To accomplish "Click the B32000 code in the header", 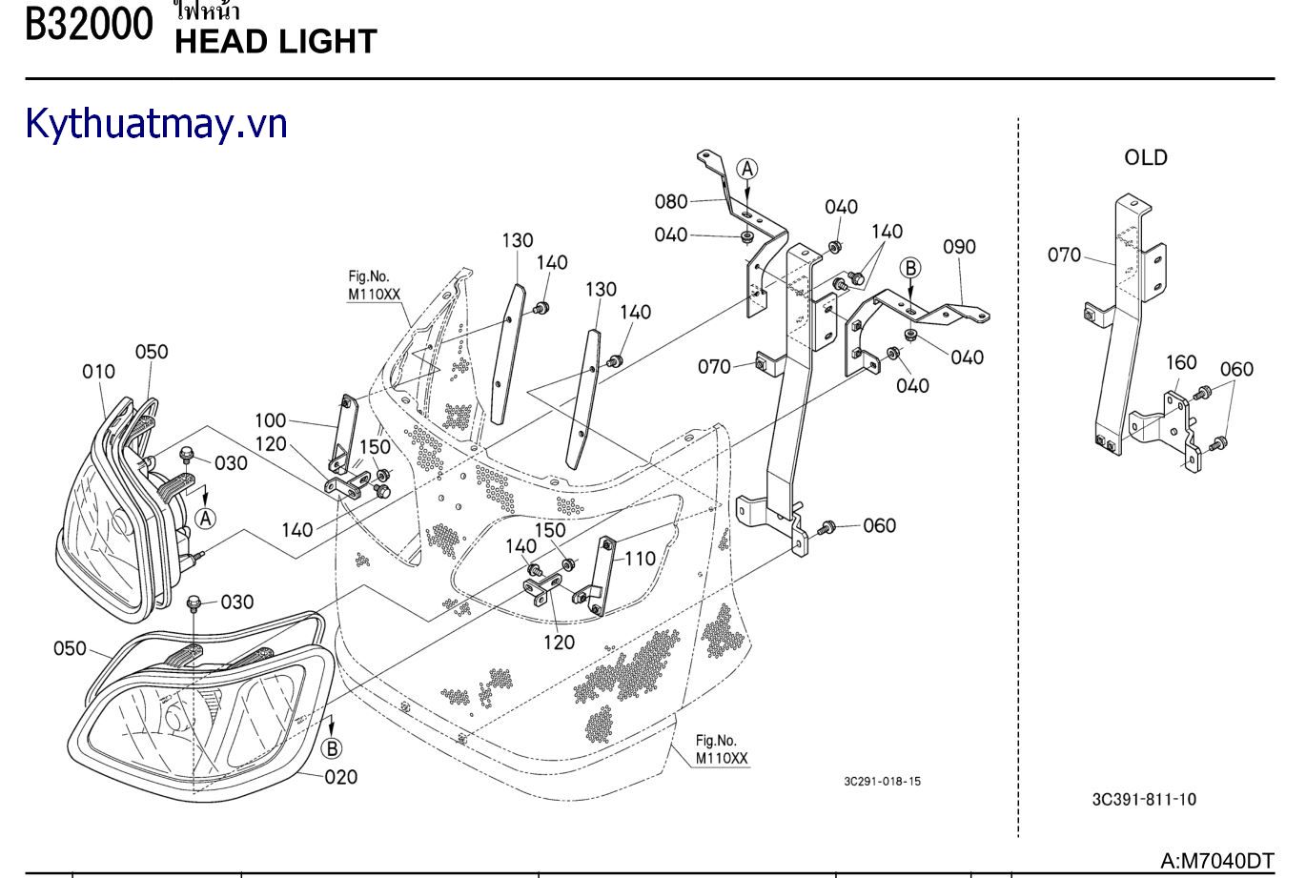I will coord(88,25).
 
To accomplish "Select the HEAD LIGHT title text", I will coord(275,41).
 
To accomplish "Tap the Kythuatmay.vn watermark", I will coord(156,124).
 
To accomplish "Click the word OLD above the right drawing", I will coord(1145,157).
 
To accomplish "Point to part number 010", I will coord(98,372).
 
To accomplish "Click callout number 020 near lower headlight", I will coord(341,777).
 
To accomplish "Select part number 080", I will coord(671,201).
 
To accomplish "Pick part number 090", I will coord(959,247).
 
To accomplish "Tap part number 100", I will coord(270,420).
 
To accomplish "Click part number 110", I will coord(640,559).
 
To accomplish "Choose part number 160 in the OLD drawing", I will coord(1181,363).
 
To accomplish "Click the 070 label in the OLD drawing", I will coord(1065,255).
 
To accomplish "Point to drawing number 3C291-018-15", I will coord(882,782).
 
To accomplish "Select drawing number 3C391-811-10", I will coord(1144,799).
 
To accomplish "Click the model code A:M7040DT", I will coord(1216,860).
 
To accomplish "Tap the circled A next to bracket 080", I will coord(748,169).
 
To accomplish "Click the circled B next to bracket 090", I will coord(910,268).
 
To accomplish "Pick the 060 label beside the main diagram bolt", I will coord(879,525).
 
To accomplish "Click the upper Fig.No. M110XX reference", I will coord(374,286).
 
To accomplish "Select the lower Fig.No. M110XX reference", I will coord(722,750).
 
